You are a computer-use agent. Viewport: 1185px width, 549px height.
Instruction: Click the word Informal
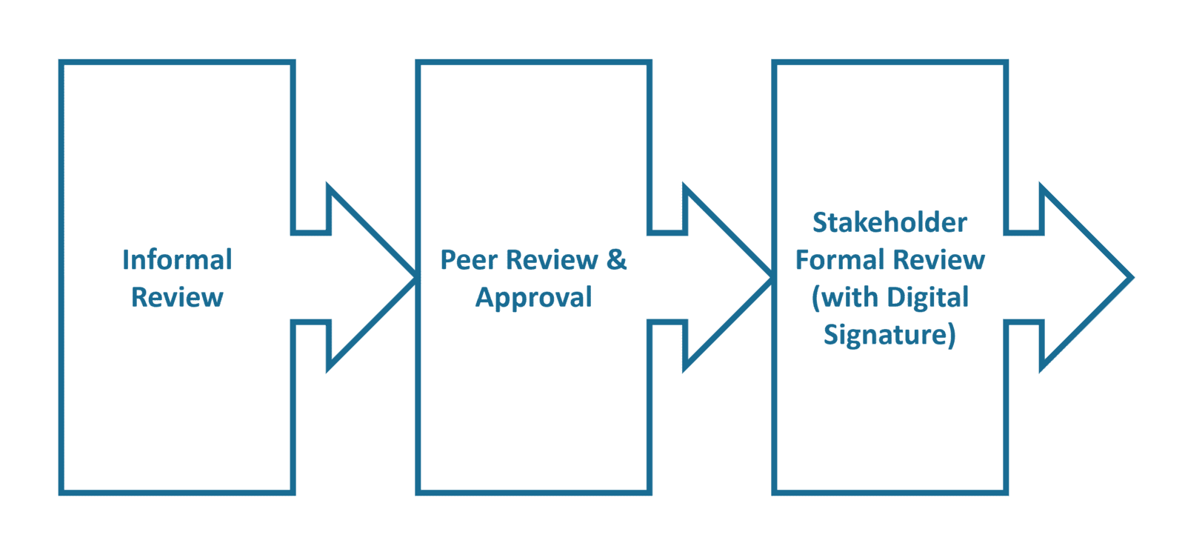click(x=177, y=260)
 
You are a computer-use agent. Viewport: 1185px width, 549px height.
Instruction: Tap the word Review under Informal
click(x=177, y=297)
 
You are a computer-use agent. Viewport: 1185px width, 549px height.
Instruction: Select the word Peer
click(x=469, y=260)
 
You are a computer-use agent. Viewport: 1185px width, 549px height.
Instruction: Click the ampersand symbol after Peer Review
click(x=616, y=260)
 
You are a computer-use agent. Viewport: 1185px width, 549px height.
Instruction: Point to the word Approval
click(x=533, y=298)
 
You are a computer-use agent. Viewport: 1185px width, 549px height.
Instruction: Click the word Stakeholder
click(x=889, y=222)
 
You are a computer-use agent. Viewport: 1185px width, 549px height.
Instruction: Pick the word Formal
click(x=840, y=260)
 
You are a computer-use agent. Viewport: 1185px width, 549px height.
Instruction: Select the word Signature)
click(x=889, y=335)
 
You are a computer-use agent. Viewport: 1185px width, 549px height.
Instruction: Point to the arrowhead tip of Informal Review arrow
click(x=413, y=277)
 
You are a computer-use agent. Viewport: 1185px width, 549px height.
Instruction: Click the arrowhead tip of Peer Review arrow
click(x=770, y=277)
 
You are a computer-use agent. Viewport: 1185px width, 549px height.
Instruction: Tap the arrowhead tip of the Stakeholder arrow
click(x=1130, y=277)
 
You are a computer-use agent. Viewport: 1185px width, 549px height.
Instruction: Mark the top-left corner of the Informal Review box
click(x=61, y=62)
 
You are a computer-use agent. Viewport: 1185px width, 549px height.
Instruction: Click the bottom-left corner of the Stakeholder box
click(x=775, y=492)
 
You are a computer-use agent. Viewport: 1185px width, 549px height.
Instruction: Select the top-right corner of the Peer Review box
click(x=650, y=62)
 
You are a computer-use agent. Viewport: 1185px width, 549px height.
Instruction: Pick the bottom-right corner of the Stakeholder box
click(x=1006, y=492)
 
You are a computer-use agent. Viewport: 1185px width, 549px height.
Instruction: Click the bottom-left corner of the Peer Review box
click(x=418, y=492)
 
